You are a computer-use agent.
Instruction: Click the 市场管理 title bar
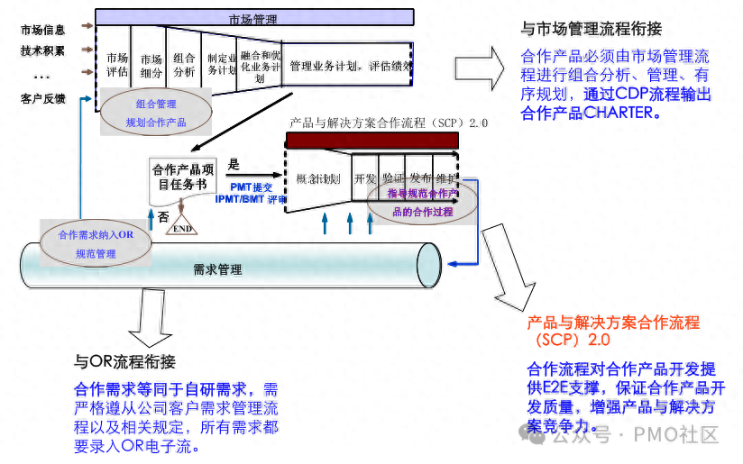(253, 17)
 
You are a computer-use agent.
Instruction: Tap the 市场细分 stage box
(151, 65)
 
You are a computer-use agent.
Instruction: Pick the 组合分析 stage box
(184, 65)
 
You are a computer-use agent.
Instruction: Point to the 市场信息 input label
(43, 30)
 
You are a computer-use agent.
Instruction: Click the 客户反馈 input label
(43, 98)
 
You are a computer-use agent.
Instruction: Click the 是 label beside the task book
(234, 164)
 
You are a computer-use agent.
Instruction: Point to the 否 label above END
(163, 216)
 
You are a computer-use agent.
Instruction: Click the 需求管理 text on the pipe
(217, 268)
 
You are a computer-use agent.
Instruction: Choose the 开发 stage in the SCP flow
(365, 178)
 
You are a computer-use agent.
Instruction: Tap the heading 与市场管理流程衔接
(595, 28)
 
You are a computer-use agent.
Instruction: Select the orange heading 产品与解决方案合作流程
(613, 323)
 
